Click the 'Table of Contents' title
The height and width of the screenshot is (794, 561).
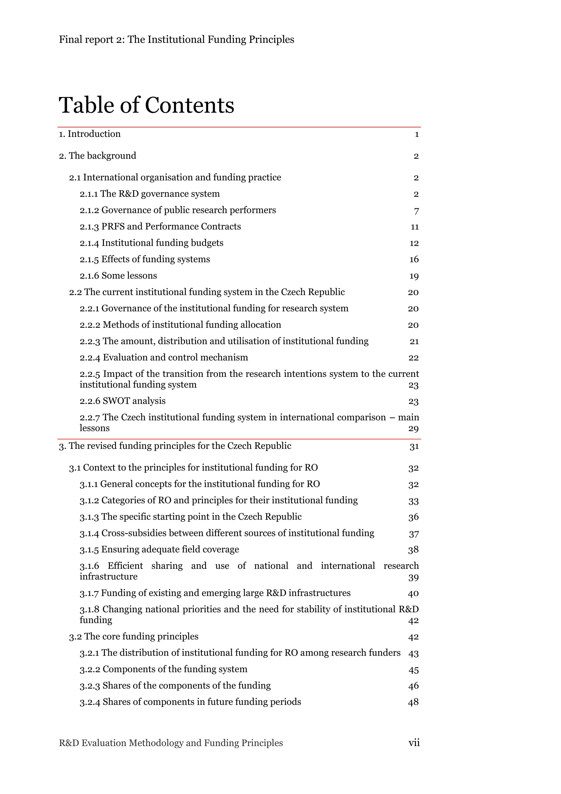pyautogui.click(x=147, y=105)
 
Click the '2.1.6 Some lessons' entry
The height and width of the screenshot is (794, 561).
pyautogui.click(x=118, y=276)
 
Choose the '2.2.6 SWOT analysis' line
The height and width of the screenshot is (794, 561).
pyautogui.click(x=122, y=401)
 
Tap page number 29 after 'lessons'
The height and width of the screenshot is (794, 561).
pyautogui.click(x=413, y=429)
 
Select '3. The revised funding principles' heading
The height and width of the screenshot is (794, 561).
pyautogui.click(x=175, y=446)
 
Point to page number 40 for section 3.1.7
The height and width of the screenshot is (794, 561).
pyautogui.click(x=413, y=593)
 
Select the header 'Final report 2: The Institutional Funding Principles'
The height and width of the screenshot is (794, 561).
pyautogui.click(x=176, y=39)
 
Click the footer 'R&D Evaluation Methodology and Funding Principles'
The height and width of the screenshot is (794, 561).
pyautogui.click(x=171, y=743)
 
